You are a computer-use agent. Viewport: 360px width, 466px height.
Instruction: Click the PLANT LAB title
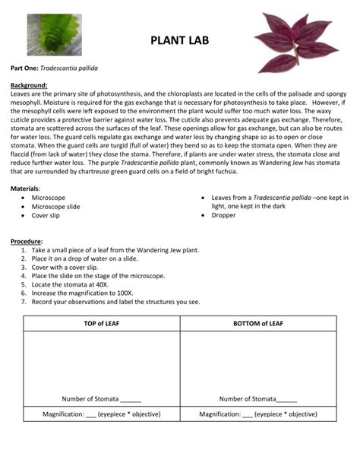(179, 40)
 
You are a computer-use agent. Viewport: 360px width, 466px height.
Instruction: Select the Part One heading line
(59, 68)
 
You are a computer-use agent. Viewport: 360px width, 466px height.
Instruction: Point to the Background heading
(29, 85)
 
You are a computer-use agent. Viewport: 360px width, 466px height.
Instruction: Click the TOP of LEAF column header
(102, 324)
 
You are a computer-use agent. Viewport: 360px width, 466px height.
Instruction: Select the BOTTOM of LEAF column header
(257, 324)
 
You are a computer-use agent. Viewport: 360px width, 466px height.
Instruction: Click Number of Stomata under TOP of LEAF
(102, 398)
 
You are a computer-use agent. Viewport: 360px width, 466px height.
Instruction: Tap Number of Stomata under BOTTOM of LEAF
(258, 398)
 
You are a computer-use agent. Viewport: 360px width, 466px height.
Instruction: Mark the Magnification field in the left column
(102, 414)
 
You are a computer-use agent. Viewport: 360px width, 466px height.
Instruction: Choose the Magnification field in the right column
(258, 414)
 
